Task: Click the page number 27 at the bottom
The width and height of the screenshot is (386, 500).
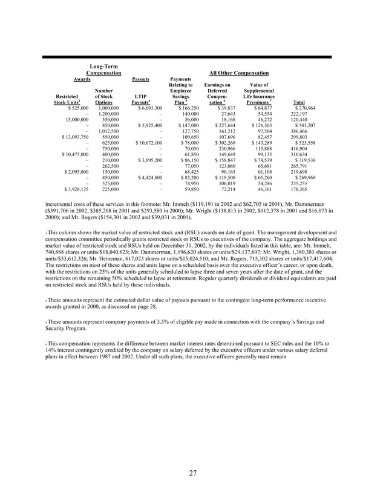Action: [x=192, y=473]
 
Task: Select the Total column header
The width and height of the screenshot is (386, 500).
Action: [x=298, y=102]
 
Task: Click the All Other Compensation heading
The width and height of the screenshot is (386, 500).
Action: [x=241, y=73]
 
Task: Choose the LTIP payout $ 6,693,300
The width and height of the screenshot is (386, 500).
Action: [x=146, y=108]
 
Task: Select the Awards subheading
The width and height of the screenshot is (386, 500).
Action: [x=82, y=79]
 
